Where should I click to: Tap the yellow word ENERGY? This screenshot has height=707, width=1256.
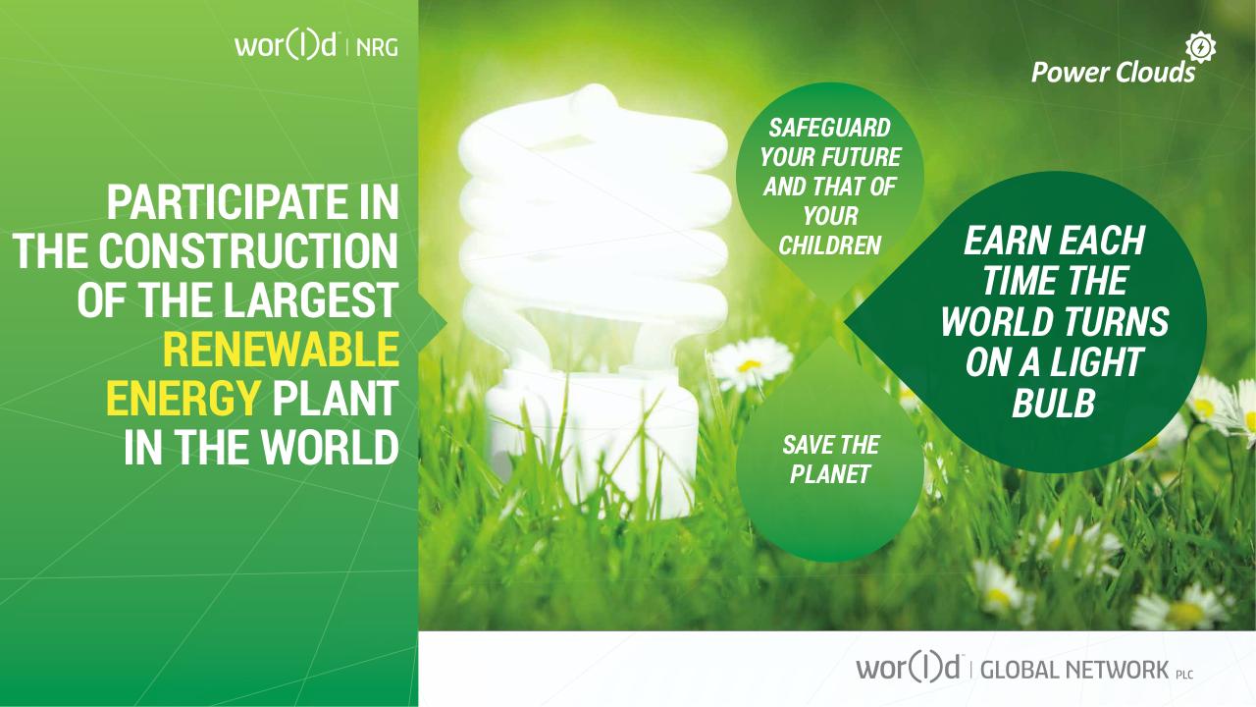pos(183,399)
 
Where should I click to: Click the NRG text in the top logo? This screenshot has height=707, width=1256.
pos(378,46)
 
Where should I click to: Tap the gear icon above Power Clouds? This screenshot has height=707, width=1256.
pos(1200,47)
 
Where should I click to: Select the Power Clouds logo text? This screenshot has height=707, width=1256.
pos(1113,73)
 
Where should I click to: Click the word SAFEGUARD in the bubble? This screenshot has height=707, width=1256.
pos(829,129)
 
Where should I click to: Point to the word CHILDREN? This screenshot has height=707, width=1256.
pos(829,245)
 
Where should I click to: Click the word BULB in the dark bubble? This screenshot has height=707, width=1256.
pos(1053,405)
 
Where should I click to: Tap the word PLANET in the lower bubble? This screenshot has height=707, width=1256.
pos(830,475)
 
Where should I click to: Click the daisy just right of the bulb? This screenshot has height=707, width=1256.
pos(751,362)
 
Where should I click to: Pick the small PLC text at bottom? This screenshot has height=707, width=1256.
pos(1183,675)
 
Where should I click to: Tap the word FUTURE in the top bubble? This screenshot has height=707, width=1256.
pos(863,158)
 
